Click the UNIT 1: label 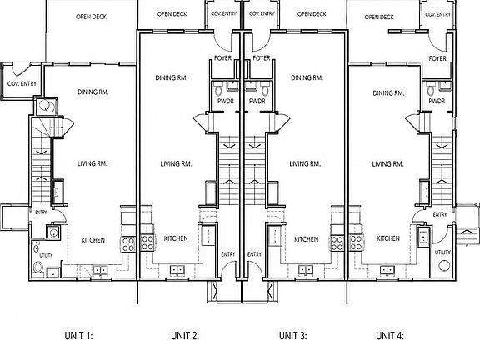point(78,336)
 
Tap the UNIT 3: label point(293,336)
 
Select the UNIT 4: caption point(390,336)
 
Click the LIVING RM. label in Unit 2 point(177,164)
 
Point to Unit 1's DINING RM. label point(93,92)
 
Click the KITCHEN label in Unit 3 point(306,239)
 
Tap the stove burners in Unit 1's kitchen point(128,244)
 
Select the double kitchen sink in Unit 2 point(177,270)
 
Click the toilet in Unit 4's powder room point(431,90)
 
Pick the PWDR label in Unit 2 point(226,101)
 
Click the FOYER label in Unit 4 point(437,58)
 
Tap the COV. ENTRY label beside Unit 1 point(22,83)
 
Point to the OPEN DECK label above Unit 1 point(91,17)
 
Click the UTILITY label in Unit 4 point(442,252)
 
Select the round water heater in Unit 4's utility point(444,265)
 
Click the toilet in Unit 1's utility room point(38,267)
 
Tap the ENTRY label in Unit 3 point(254,254)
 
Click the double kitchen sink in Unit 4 point(387,270)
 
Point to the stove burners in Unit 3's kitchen point(337,243)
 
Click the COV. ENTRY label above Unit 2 point(224,14)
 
